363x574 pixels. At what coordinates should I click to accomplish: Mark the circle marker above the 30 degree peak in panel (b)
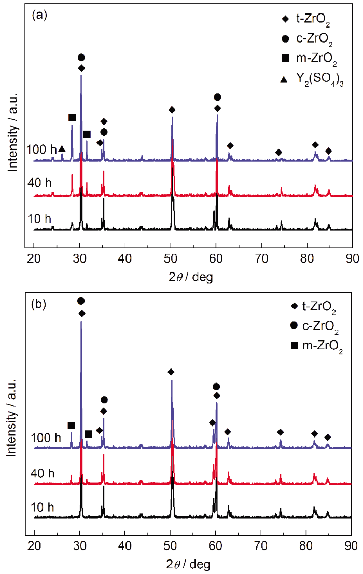[x=81, y=301]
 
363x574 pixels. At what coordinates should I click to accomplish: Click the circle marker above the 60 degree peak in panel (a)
[x=217, y=97]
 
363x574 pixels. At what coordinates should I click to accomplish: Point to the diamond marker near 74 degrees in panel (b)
[x=280, y=432]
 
